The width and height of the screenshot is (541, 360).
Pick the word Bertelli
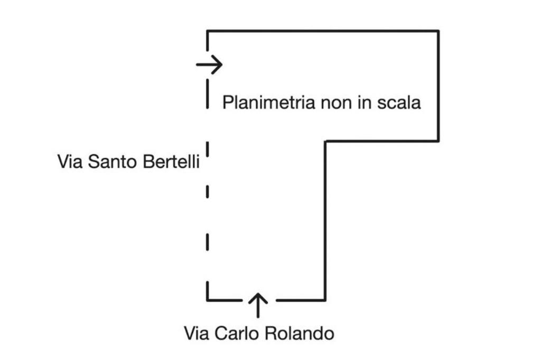point(170,162)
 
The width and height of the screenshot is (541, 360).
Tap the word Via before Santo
point(69,162)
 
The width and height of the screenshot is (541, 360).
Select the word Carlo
point(239,334)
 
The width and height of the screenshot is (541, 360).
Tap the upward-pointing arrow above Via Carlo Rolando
point(258,305)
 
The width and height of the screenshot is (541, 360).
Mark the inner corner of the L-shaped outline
point(325,141)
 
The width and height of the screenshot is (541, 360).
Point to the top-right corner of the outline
point(438,31)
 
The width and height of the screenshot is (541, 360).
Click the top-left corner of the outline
point(208,31)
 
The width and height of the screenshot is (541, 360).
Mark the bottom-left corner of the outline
point(208,300)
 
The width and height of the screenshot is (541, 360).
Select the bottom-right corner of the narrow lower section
point(325,300)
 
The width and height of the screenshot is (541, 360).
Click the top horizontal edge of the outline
point(322,31)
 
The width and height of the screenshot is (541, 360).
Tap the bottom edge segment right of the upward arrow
point(300,300)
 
